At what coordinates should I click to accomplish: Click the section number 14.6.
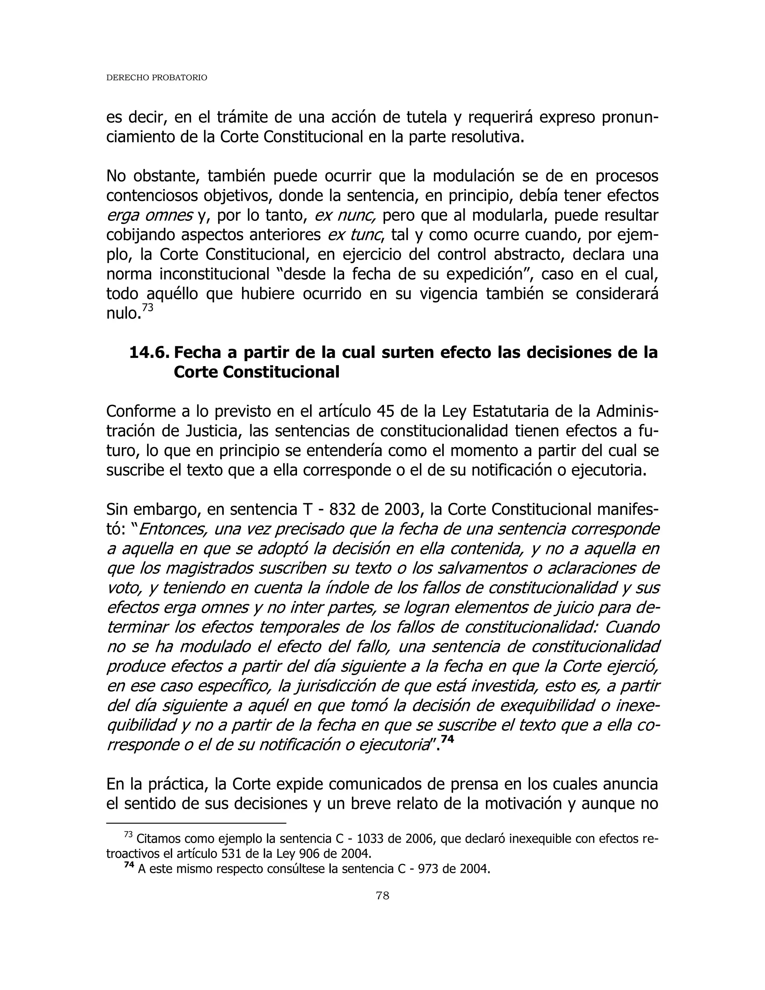(x=149, y=352)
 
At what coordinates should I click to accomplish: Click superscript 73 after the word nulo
(x=148, y=308)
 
